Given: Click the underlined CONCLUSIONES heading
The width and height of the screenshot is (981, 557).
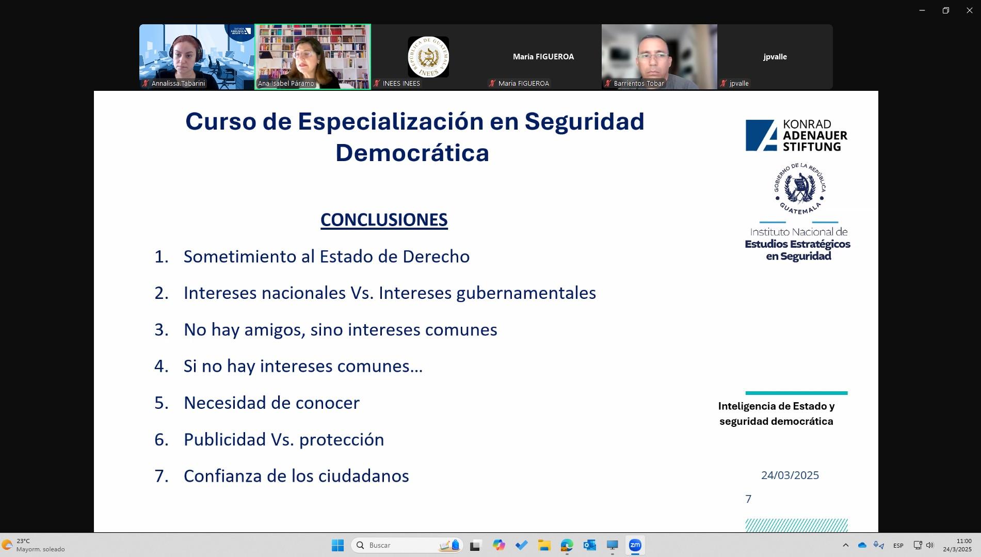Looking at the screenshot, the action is point(384,220).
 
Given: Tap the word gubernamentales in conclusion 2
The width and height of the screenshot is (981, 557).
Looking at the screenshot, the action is point(526,293).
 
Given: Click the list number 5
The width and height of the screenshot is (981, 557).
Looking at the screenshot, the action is point(162,403).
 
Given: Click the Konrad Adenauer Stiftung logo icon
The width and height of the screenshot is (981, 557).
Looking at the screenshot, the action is point(761,135).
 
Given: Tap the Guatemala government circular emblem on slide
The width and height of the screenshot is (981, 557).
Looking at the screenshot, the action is point(800,189).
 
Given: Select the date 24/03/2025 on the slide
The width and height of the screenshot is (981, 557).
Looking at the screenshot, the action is point(790,475).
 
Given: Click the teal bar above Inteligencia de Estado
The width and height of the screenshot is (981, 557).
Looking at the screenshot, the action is point(796,393).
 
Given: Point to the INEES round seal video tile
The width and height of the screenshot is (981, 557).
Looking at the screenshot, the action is point(428,57).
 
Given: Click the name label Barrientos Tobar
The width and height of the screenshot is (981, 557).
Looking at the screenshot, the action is point(639,84).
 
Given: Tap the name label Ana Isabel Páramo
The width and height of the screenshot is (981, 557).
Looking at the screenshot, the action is point(286,84).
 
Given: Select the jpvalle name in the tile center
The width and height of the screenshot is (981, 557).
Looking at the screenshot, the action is point(775,57).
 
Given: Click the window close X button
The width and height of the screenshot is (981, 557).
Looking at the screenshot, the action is point(969,10).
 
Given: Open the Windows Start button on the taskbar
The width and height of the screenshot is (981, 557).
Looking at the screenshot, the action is point(337,545).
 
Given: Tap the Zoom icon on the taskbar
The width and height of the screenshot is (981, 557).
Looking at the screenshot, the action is point(635,545).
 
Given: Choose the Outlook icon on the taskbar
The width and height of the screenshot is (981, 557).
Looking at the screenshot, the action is point(589,545).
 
